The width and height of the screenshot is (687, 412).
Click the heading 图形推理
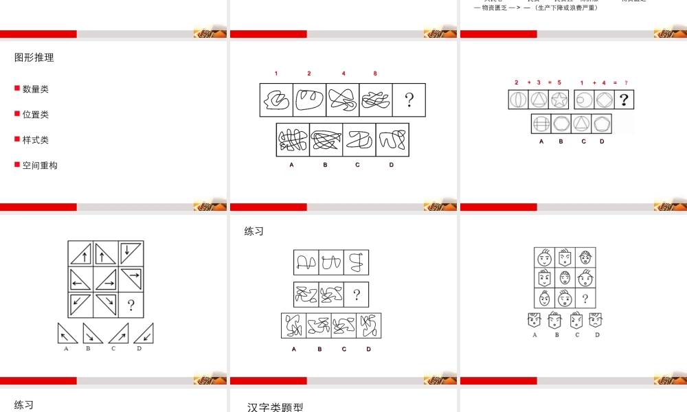pos(34,58)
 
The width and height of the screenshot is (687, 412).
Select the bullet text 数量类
pos(36,89)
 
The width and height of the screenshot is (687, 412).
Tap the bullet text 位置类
pos(36,115)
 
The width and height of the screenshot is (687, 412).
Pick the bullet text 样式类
pos(36,140)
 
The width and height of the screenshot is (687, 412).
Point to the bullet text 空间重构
pos(40,165)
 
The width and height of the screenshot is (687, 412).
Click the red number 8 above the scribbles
pos(375,73)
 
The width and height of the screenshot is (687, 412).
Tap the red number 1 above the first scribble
pos(276,73)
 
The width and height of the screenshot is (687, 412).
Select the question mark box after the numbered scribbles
pos(409,100)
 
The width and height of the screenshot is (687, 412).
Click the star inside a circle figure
pos(559,100)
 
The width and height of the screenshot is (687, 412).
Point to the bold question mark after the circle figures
pos(623,100)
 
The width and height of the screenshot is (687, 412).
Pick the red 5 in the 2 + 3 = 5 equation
pos(559,82)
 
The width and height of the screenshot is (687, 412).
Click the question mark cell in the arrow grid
pos(131,305)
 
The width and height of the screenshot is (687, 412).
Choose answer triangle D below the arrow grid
pos(144,333)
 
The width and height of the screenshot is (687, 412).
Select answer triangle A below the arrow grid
pos(67,333)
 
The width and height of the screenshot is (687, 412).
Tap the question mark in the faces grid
pos(585,298)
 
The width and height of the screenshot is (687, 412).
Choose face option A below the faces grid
pos(534,320)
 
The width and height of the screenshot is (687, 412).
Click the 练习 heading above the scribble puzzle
pos(254,231)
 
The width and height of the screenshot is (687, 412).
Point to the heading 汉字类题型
pos(275,407)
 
